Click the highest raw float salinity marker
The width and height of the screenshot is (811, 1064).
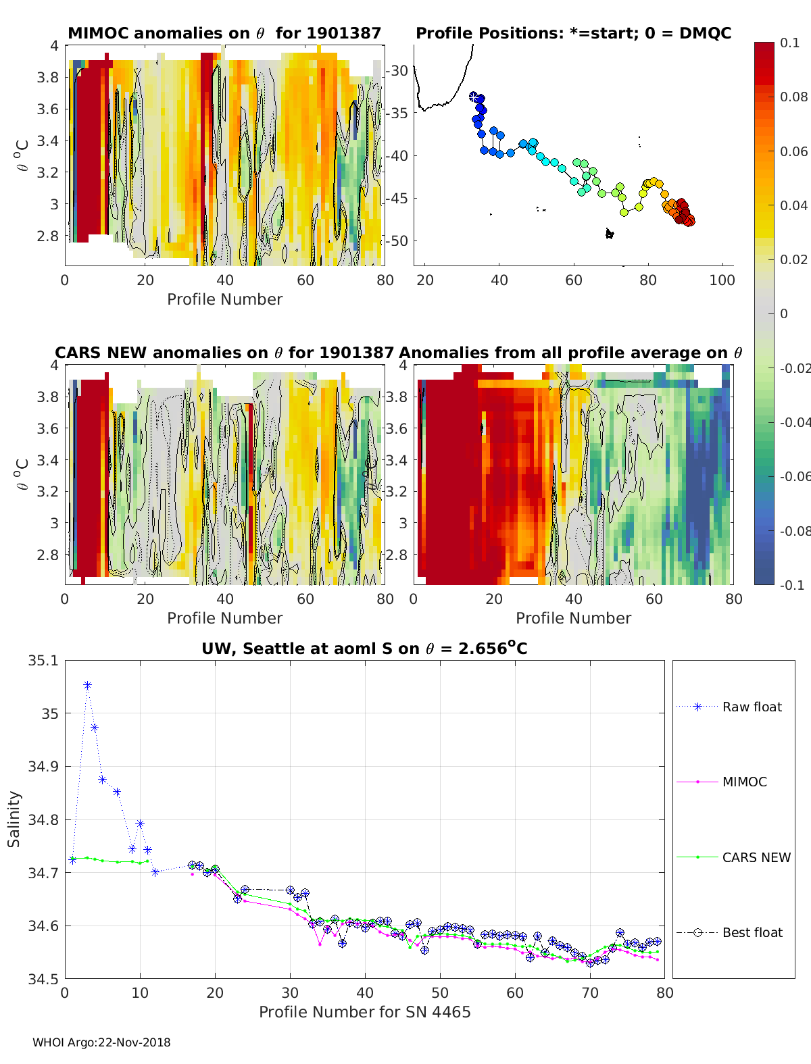click(x=87, y=685)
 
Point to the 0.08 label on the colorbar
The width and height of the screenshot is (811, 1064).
click(x=793, y=97)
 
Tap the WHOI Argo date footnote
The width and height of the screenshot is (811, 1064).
click(x=101, y=1042)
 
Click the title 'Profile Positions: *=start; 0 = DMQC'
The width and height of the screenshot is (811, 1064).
click(x=573, y=33)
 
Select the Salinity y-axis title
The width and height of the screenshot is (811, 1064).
click(x=14, y=819)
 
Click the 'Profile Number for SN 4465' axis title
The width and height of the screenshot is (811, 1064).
click(x=364, y=1012)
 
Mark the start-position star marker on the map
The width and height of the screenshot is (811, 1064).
click(x=473, y=96)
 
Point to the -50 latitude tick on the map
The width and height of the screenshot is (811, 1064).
click(x=397, y=240)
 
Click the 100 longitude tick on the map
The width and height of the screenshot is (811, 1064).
click(x=722, y=280)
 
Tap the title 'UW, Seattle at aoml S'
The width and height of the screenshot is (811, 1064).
click(x=364, y=649)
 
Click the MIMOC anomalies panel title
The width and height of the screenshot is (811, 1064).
click(x=224, y=33)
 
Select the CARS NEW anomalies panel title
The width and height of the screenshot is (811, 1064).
click(x=224, y=353)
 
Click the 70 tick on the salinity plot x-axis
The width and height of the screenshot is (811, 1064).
click(x=589, y=992)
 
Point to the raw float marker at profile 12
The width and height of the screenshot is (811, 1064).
click(x=155, y=872)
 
